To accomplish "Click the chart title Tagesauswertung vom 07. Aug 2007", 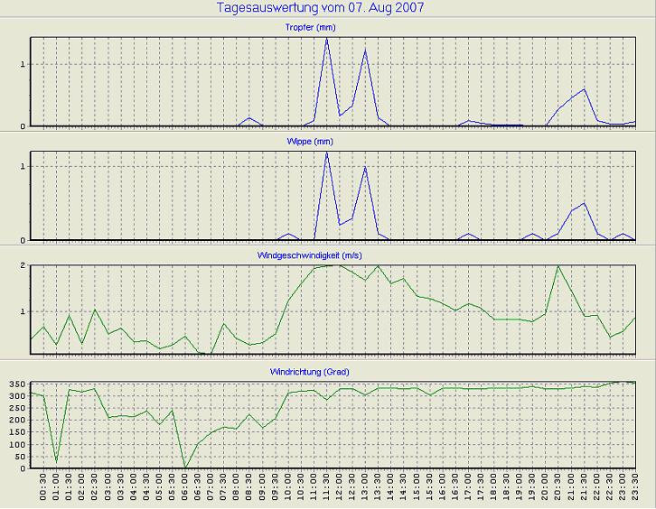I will point(322,8).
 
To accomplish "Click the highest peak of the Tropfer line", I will point(326,38).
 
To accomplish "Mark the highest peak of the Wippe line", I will point(326,152).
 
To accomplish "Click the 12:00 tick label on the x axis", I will point(340,490).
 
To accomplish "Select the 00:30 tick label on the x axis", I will point(42,490).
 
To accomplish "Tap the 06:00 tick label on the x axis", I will point(185,490).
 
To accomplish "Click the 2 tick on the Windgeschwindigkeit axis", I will point(21,265).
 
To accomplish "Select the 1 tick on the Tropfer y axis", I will point(21,64).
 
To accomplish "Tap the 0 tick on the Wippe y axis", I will point(21,240).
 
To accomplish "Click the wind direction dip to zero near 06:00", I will point(185,467).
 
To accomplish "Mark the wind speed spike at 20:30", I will point(558,265).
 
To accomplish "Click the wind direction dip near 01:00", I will point(56,462).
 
